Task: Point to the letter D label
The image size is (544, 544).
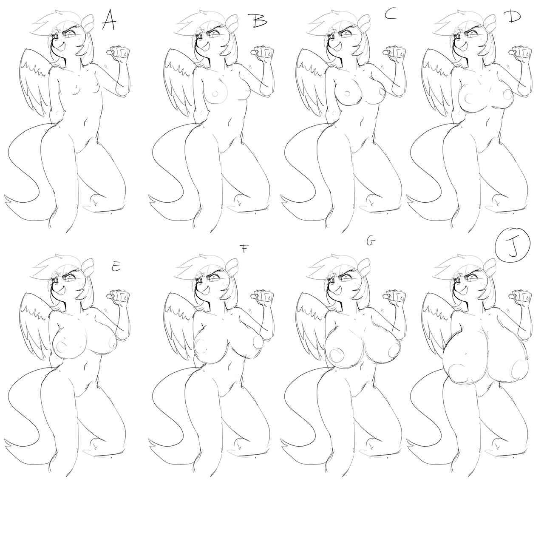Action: [514, 18]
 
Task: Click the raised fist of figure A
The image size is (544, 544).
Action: [119, 54]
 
